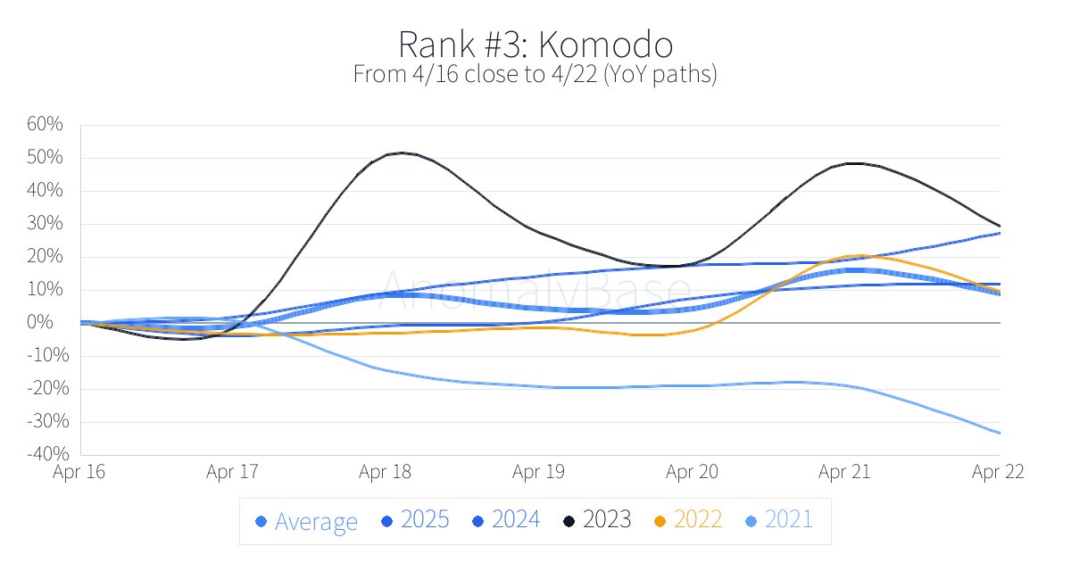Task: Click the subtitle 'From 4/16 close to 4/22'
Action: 535,74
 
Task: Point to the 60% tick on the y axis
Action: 45,125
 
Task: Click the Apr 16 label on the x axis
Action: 79,473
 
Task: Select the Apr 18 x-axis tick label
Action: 386,473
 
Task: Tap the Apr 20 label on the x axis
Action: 693,473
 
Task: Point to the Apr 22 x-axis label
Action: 998,473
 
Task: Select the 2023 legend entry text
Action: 606,520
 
